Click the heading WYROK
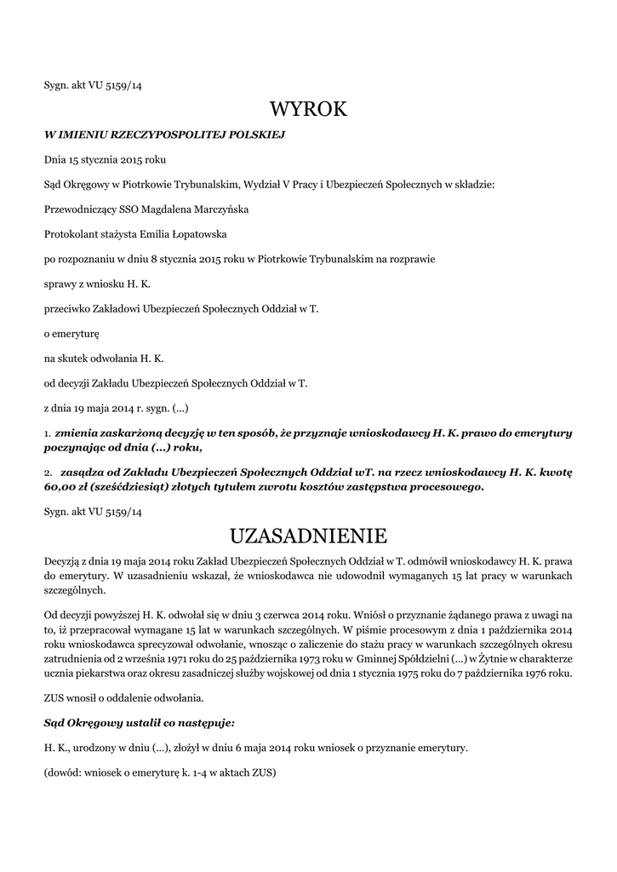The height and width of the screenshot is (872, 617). [x=308, y=109]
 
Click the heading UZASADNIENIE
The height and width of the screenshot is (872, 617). [x=308, y=536]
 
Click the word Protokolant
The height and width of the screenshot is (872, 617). [x=70, y=233]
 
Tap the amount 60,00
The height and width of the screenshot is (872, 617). [x=61, y=487]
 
